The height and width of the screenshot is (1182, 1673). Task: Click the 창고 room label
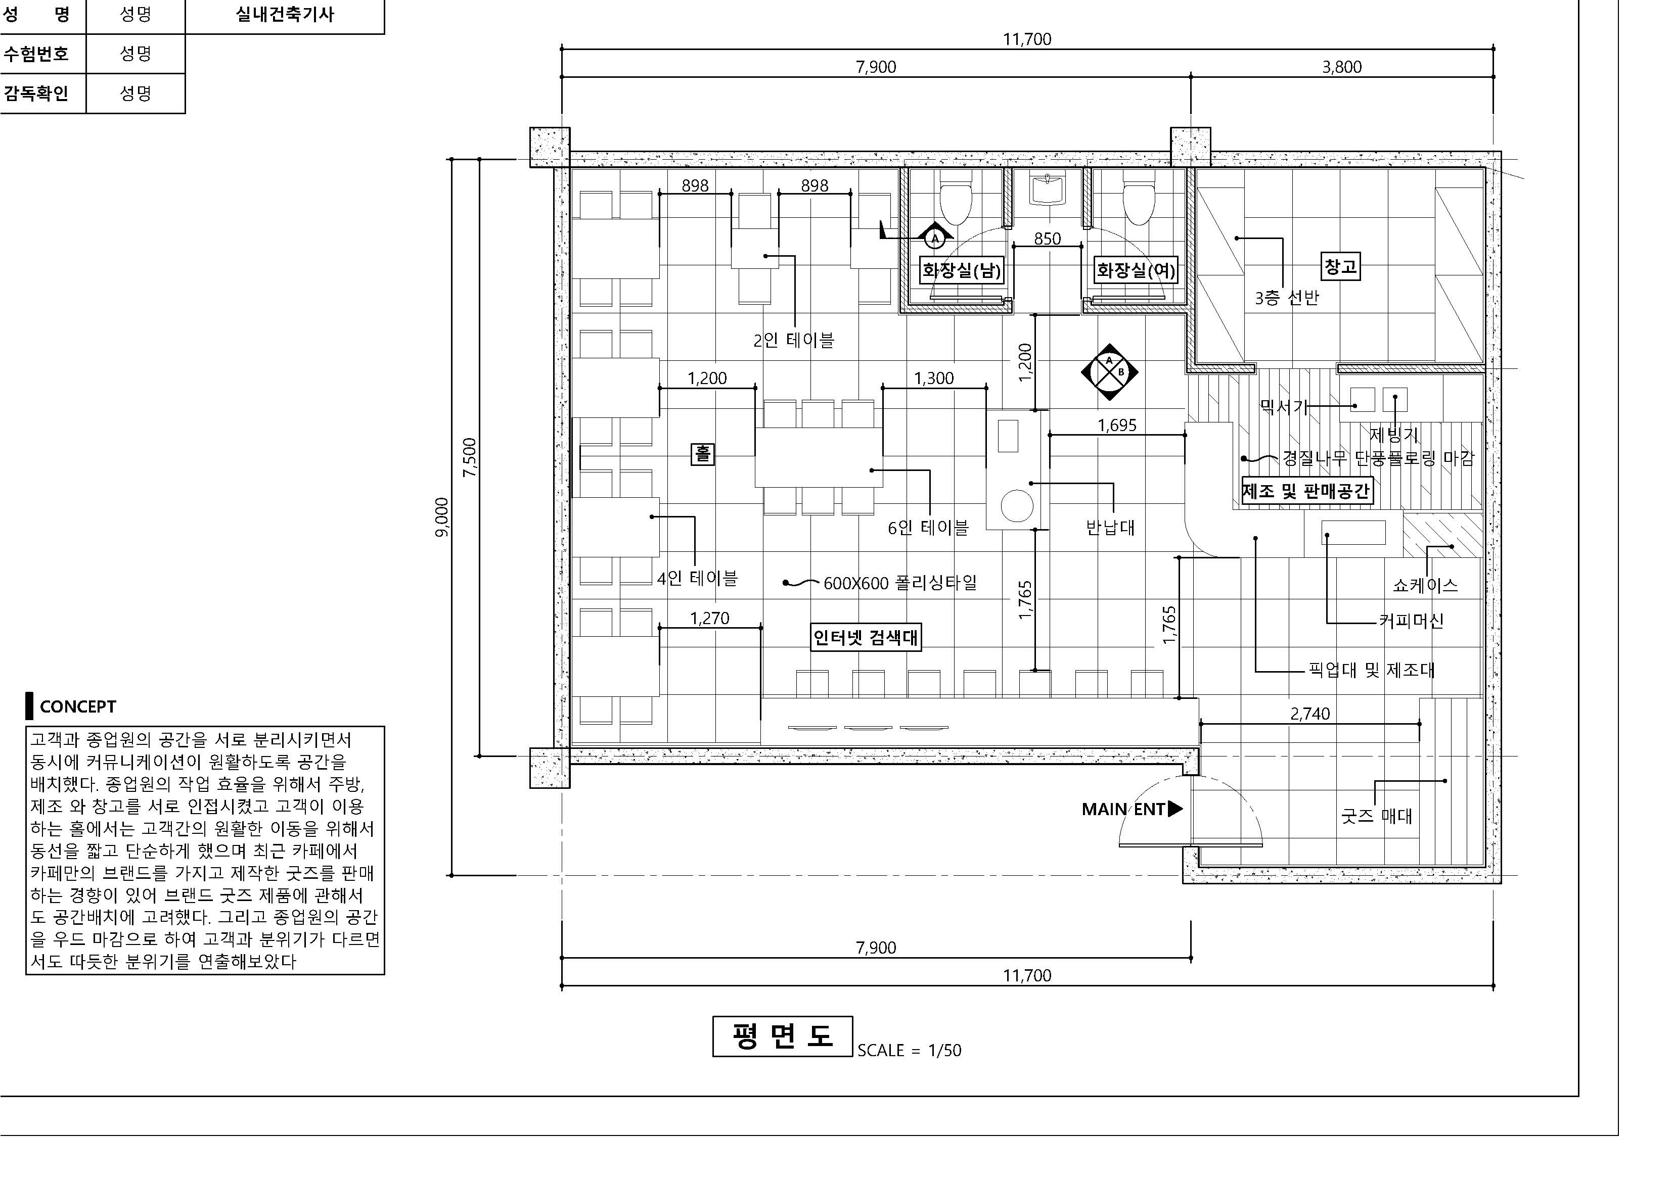pyautogui.click(x=1340, y=266)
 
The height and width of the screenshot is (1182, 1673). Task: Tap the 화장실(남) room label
pyautogui.click(x=961, y=271)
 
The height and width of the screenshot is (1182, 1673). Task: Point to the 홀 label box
pyautogui.click(x=702, y=454)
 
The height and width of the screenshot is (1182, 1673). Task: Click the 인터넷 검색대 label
pyautogui.click(x=866, y=637)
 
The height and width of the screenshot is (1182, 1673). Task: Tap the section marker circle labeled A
pyautogui.click(x=935, y=238)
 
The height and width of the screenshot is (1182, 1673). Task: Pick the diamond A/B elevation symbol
pyautogui.click(x=1109, y=372)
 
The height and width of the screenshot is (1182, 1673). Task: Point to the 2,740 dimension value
pyautogui.click(x=1310, y=714)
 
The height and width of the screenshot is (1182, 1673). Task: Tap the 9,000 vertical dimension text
pyautogui.click(x=441, y=517)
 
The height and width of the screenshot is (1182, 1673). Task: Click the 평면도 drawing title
pyautogui.click(x=782, y=1035)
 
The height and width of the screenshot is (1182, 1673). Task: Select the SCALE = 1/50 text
pyautogui.click(x=910, y=1050)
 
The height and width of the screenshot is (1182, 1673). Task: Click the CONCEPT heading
pyautogui.click(x=77, y=706)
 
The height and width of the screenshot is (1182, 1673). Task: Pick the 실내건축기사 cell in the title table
pyautogui.click(x=285, y=15)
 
